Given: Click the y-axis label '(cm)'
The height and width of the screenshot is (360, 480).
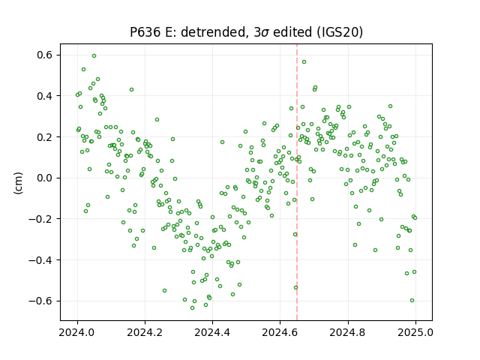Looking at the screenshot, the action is [18, 183].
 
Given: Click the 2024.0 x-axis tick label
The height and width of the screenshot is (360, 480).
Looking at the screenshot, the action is [77, 332].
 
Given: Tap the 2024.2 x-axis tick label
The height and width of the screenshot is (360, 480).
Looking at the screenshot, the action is [145, 332].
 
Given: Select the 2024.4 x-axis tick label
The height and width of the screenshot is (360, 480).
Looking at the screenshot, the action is [212, 332].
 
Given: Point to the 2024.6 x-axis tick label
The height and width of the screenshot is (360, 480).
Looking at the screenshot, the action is [280, 332].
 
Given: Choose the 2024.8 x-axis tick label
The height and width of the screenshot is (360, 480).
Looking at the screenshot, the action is [347, 332].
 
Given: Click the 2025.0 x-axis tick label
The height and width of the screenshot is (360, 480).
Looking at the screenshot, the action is [415, 332].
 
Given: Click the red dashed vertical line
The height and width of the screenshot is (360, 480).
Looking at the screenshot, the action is [297, 182].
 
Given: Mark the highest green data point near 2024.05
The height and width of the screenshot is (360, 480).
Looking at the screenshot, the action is [94, 56].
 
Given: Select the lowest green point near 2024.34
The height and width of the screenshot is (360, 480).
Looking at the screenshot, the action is [192, 308].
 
